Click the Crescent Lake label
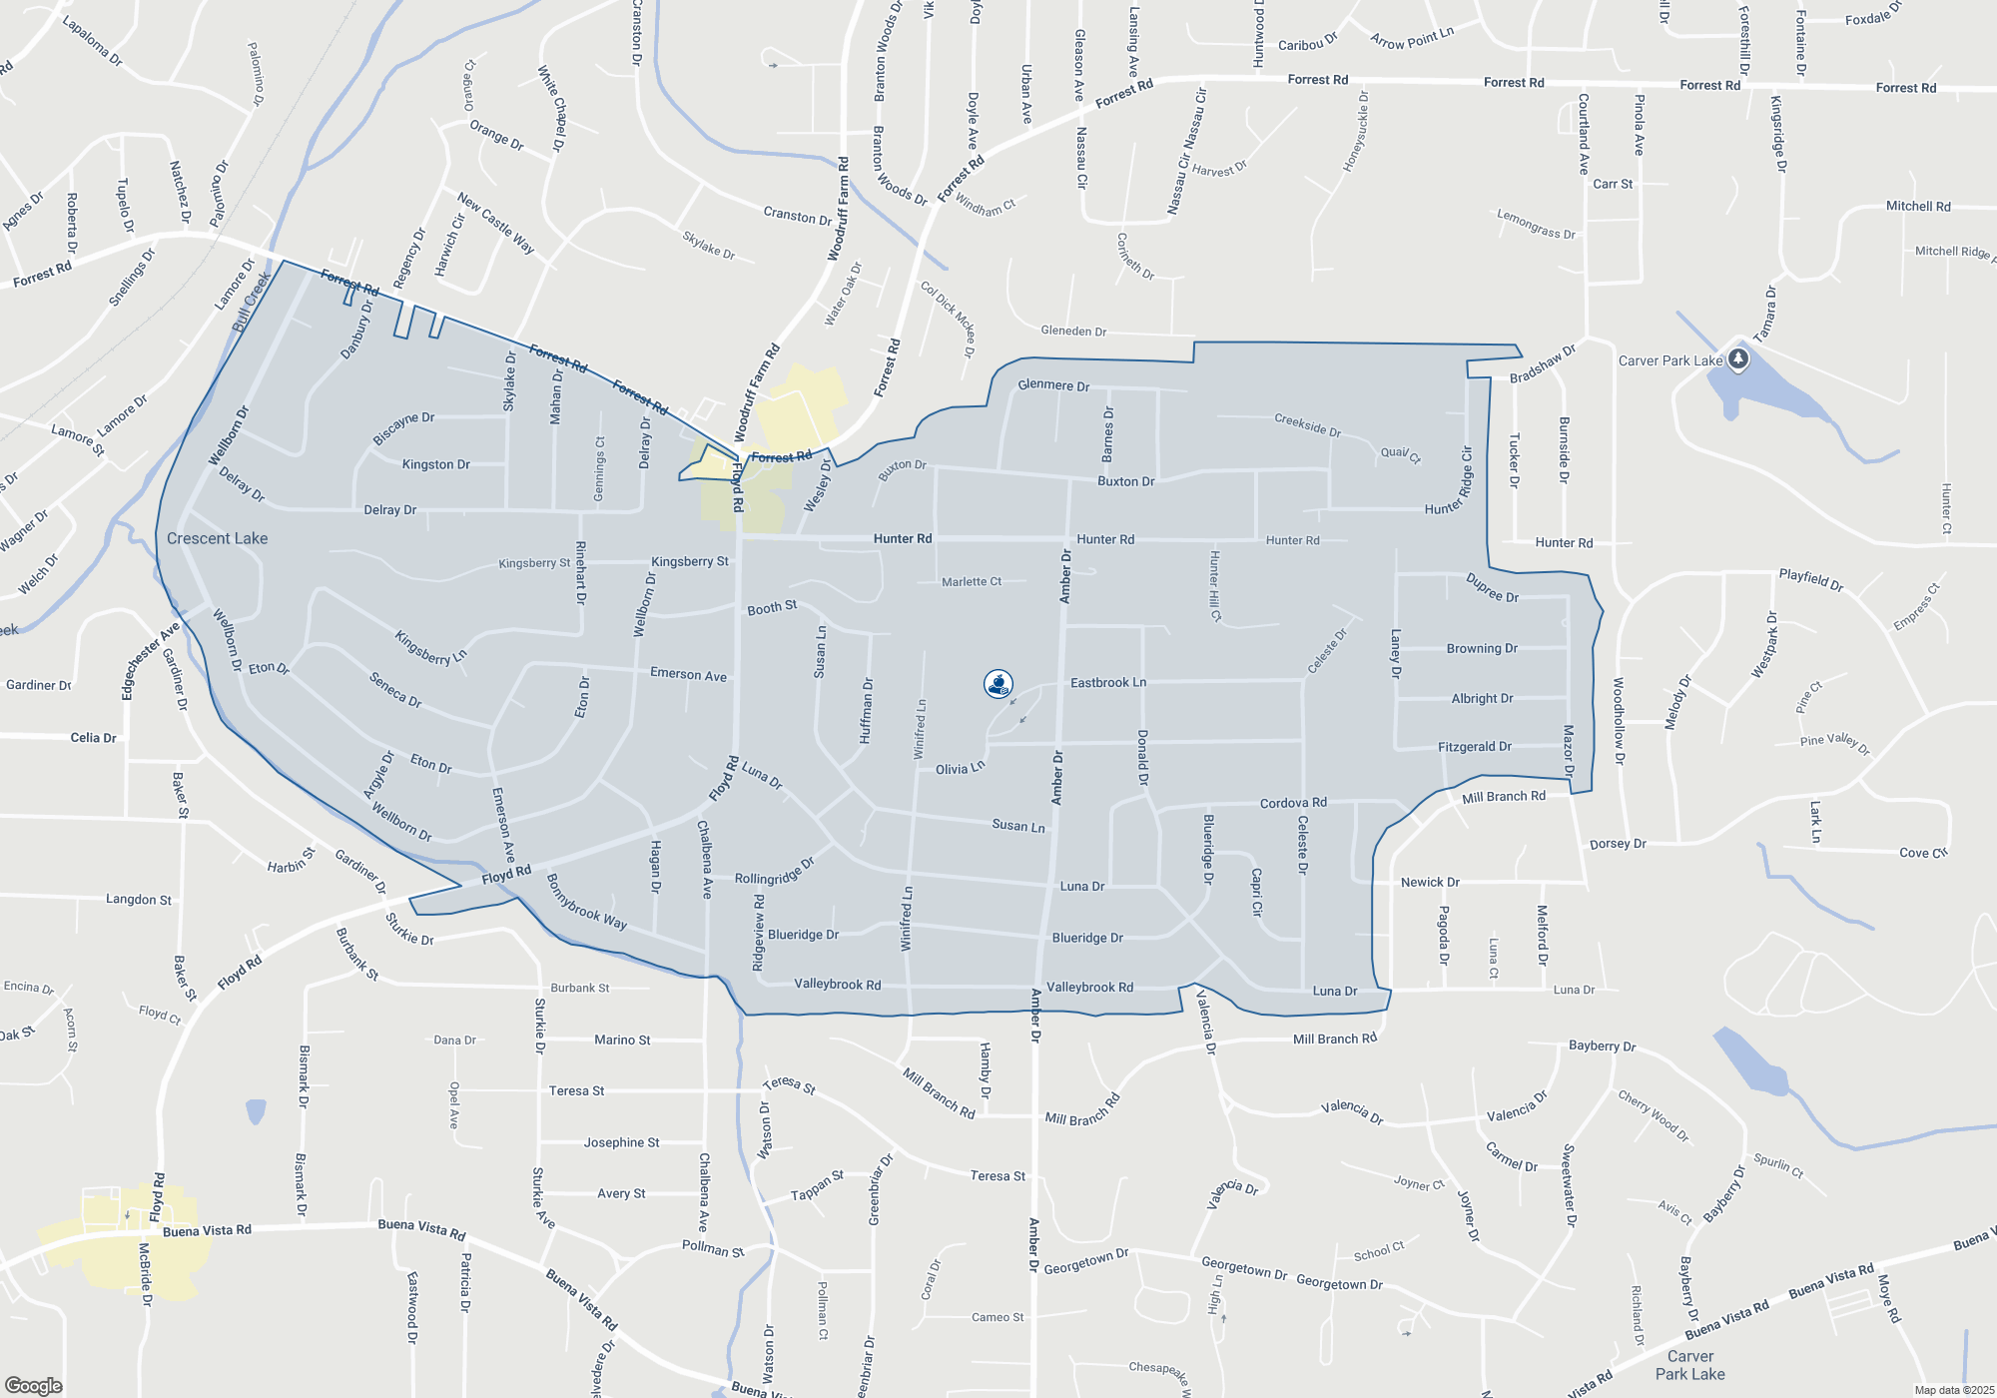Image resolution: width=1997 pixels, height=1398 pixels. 217,538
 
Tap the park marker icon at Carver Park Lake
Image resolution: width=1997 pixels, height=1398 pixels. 1738,358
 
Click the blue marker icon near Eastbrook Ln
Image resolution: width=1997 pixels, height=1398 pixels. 998,684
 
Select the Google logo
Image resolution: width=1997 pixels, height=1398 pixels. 34,1385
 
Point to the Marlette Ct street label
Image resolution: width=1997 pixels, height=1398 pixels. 971,581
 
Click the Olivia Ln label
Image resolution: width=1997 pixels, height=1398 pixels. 960,768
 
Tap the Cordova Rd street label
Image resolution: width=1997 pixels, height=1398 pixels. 1293,803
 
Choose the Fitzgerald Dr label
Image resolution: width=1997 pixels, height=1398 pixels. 1474,747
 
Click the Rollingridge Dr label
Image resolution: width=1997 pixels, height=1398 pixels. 775,872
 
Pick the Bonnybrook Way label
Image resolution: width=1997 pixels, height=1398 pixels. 586,903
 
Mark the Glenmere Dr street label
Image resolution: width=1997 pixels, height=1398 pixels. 1053,385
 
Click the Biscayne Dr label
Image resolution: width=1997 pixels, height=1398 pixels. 403,428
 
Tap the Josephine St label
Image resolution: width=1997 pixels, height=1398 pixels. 621,1142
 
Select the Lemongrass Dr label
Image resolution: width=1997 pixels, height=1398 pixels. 1535,225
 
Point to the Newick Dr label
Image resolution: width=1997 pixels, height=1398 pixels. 1430,883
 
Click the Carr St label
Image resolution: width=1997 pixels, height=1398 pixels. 1613,184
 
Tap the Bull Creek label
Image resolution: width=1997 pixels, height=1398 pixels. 252,302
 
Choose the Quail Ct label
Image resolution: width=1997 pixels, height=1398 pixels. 1400,454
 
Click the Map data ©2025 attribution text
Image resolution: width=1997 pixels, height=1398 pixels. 1953,1390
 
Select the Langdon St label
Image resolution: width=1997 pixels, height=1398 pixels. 139,900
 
